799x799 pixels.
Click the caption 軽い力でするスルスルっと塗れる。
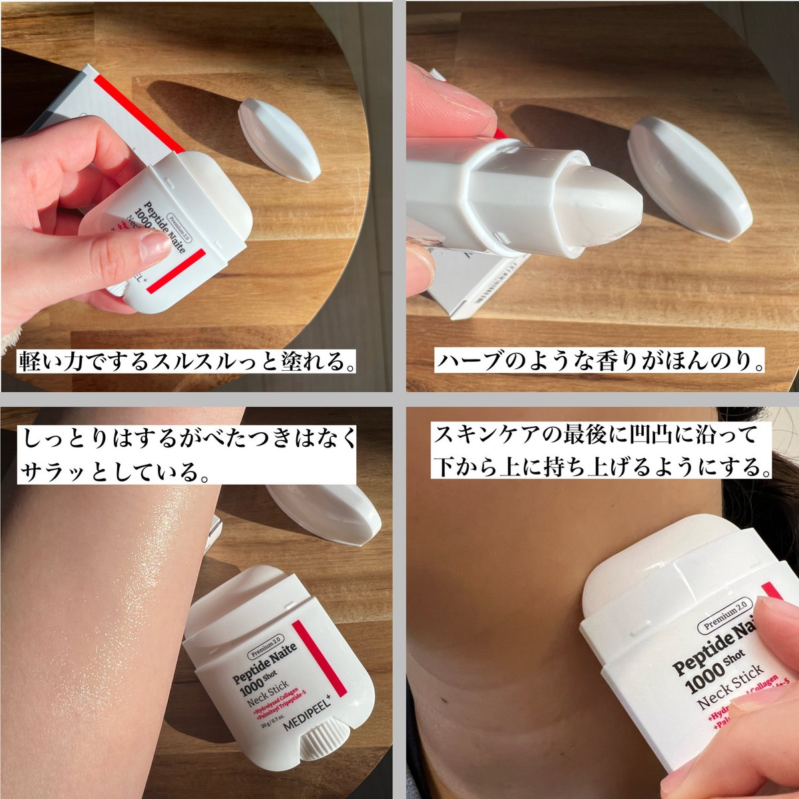[187, 363]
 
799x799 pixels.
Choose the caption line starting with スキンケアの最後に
[595, 436]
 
